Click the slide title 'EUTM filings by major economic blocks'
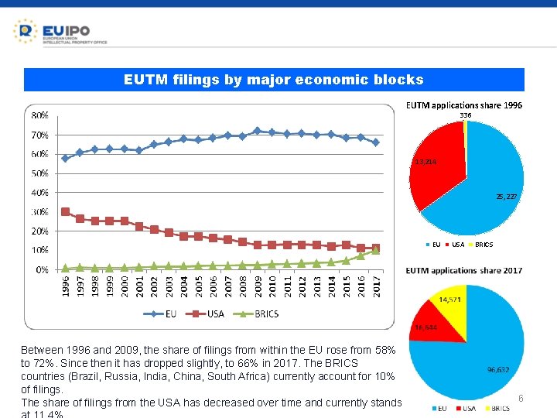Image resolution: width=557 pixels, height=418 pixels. tap(274, 80)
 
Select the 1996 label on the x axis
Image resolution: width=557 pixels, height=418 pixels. tap(66, 285)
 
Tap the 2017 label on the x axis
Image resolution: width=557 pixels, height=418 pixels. tap(376, 285)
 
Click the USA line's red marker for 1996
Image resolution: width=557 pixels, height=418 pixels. tap(66, 211)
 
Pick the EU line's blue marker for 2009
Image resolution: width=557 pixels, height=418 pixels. tap(258, 131)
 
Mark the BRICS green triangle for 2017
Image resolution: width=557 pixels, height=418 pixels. tap(376, 250)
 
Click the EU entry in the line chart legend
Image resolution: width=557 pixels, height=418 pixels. tap(164, 313)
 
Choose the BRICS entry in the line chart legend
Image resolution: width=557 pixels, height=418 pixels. tap(255, 313)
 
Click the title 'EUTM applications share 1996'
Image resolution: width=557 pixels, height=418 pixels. tap(464, 104)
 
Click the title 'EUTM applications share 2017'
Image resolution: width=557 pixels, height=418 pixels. tap(464, 270)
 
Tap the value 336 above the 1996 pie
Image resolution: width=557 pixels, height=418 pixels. tap(465, 115)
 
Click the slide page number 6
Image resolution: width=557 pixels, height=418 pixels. tap(521, 398)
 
